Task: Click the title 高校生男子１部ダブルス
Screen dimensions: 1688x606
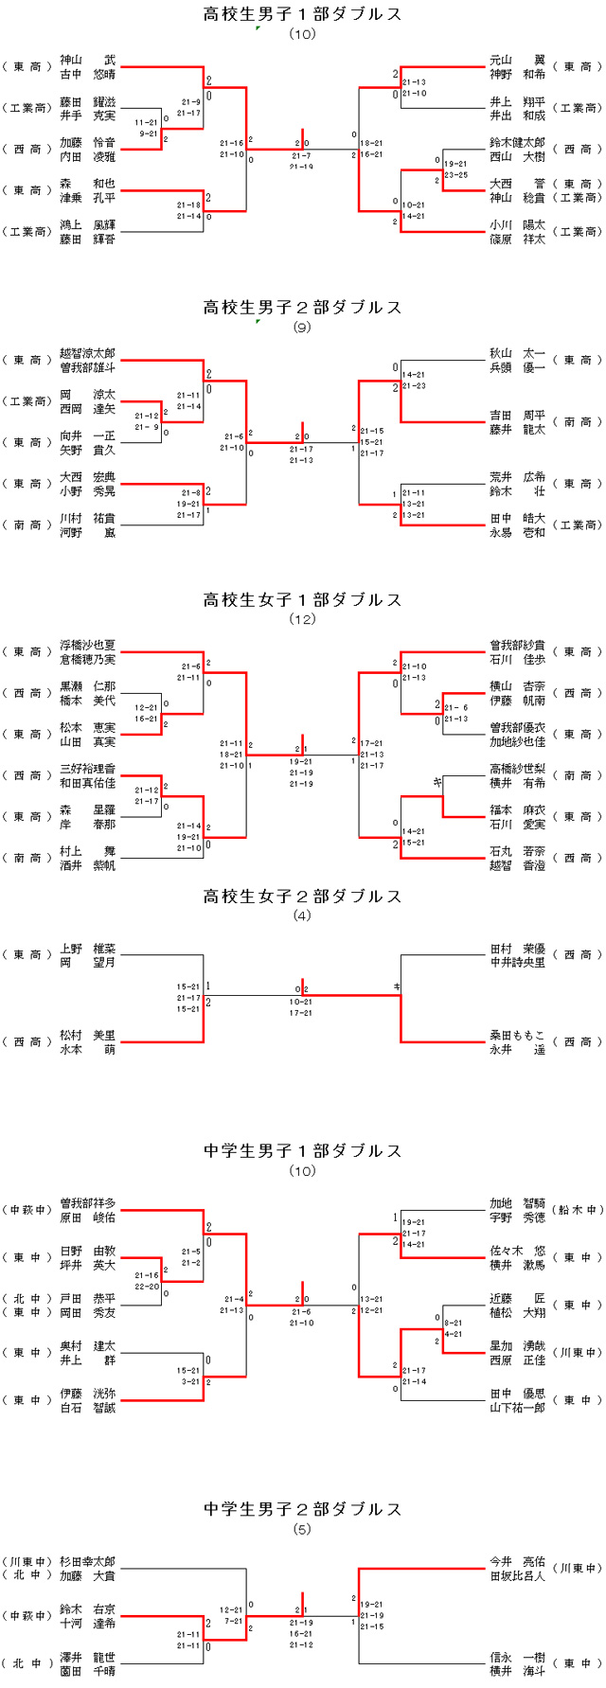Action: coord(303,14)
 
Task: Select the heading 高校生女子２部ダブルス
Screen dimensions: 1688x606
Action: coord(303,896)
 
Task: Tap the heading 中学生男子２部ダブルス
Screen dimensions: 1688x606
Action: coord(303,1509)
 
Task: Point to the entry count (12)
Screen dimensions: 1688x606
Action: coord(303,620)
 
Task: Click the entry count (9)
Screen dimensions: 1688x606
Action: coord(303,328)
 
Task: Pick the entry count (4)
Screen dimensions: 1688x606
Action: coord(303,915)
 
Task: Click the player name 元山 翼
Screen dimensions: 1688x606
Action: coord(517,59)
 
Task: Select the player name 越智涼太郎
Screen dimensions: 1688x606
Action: coord(87,352)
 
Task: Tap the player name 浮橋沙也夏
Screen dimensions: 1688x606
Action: coord(87,645)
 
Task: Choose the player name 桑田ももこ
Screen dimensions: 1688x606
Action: coord(517,1035)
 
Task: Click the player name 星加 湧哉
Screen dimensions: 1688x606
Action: coord(517,1345)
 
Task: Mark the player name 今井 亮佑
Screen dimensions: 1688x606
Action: coord(517,1562)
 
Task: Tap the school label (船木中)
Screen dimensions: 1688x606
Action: coord(578,1210)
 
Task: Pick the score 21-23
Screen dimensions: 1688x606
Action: coord(414,386)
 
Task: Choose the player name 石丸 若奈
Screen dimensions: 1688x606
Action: coord(517,851)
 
